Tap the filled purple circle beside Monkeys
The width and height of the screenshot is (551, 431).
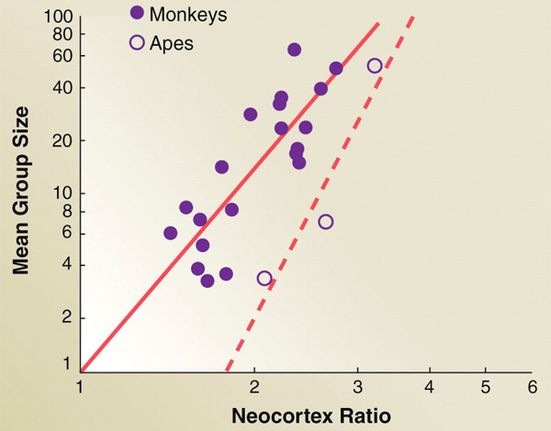138,13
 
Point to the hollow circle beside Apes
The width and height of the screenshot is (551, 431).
138,42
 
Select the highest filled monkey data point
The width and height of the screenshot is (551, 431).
294,50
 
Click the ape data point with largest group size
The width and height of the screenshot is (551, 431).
375,66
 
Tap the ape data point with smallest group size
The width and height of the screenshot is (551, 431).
264,278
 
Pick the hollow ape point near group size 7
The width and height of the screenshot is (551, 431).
325,222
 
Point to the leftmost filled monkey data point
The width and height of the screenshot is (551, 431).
170,233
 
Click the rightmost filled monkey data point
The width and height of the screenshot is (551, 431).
336,69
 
